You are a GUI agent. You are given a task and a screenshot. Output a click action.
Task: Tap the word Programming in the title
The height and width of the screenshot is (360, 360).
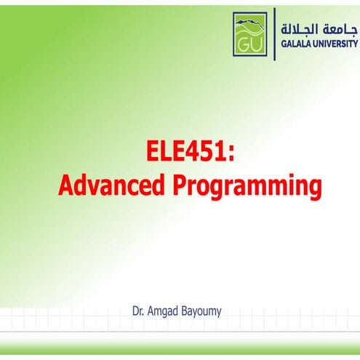click(247, 187)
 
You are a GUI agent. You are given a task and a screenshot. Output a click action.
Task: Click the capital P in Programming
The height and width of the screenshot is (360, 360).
click(180, 185)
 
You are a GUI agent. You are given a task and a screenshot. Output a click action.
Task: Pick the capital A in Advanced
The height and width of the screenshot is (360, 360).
click(65, 185)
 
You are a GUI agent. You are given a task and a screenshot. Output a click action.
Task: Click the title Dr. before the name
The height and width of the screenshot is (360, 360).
click(138, 311)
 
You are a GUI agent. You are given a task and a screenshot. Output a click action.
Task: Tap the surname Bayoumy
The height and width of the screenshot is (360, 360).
click(201, 311)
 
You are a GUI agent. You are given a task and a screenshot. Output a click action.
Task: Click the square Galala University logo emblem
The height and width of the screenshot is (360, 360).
click(250, 33)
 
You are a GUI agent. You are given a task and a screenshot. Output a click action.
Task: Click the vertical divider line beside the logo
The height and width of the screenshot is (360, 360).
click(274, 33)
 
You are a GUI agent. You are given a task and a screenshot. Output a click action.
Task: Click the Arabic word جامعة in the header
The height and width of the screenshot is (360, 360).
click(340, 28)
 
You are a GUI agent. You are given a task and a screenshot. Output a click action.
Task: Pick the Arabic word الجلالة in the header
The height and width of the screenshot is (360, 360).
click(301, 28)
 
